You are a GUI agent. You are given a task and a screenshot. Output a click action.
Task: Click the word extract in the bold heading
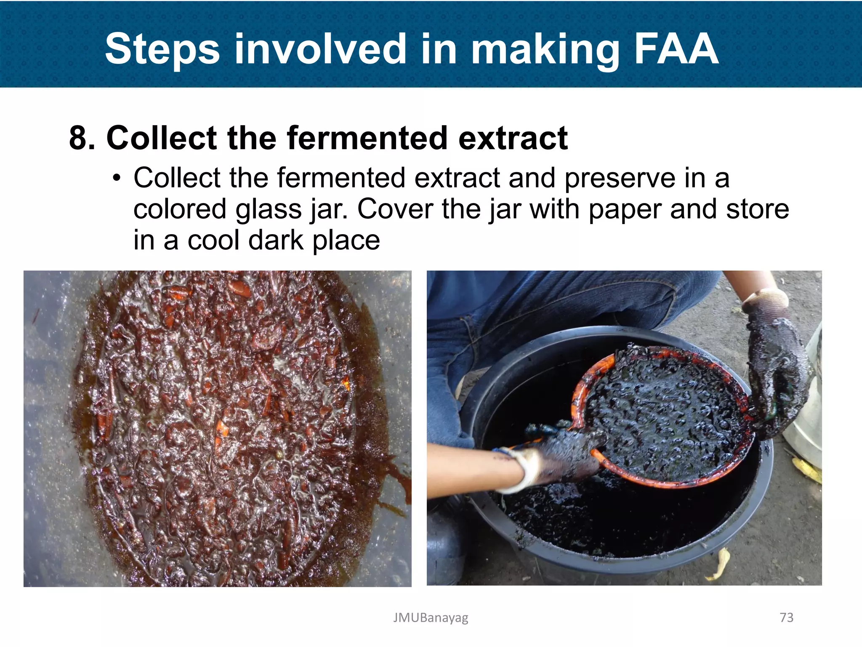pos(513,138)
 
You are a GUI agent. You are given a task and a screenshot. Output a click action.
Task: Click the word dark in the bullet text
pos(276,241)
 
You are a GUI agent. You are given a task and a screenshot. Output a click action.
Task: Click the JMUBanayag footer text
pos(431,618)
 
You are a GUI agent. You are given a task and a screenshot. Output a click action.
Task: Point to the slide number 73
pos(786,618)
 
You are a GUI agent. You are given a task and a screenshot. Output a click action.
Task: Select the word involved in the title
pos(320,50)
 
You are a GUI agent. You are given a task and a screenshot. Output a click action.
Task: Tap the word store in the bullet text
pos(757,209)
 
